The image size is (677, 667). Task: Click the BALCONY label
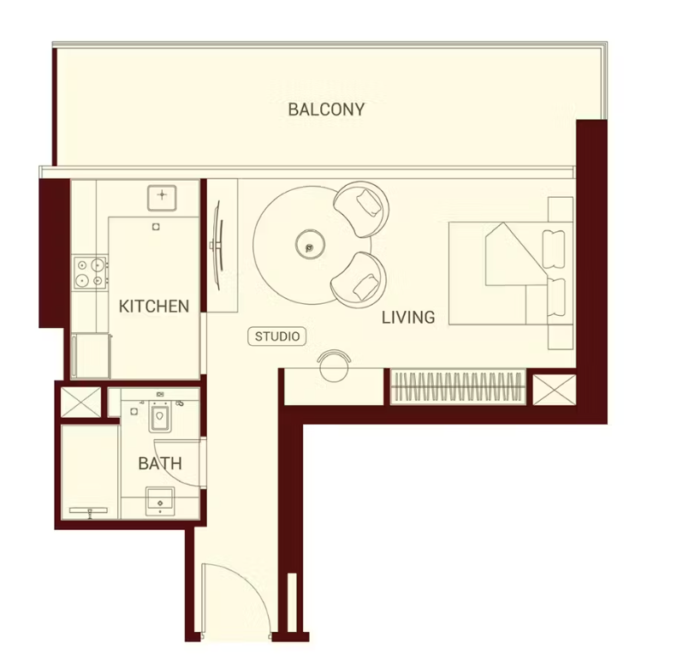(326, 110)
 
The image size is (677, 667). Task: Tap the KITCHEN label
(154, 307)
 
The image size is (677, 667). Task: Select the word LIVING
(408, 318)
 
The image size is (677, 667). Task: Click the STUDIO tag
(277, 336)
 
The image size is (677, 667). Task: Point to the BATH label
(160, 463)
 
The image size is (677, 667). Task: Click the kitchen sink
(162, 198)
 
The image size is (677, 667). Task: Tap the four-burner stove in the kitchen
(90, 272)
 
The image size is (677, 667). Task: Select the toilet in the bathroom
(160, 416)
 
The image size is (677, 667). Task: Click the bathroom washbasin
(160, 501)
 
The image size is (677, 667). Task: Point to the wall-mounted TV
(217, 246)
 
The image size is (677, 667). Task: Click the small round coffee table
(310, 244)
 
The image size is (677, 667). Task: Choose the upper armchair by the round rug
(362, 209)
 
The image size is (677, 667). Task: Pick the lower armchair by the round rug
(359, 279)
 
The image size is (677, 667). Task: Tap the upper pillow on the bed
(554, 249)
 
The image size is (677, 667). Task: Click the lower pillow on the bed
(555, 298)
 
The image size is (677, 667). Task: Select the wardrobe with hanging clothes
(458, 387)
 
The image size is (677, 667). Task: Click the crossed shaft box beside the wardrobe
(555, 390)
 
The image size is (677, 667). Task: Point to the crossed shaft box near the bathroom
(80, 402)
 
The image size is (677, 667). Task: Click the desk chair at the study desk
(334, 365)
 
